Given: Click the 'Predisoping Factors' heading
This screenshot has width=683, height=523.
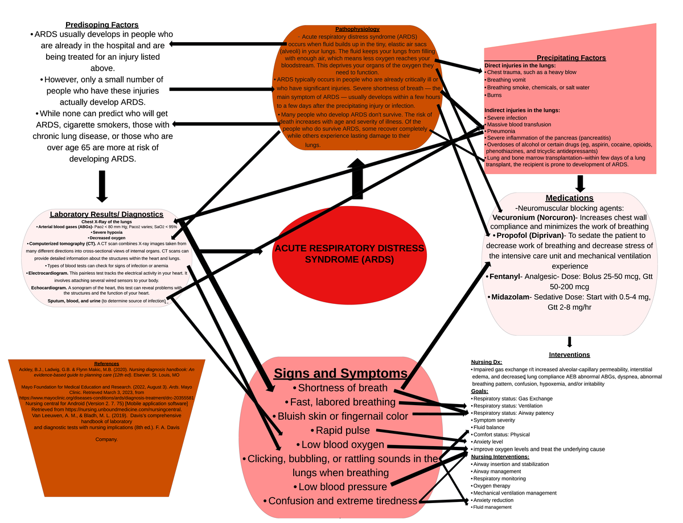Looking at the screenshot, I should pyautogui.click(x=102, y=24).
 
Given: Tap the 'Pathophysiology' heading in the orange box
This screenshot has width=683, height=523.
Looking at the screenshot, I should pyautogui.click(x=357, y=28).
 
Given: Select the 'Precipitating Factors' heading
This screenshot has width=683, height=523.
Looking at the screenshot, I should pyautogui.click(x=571, y=57).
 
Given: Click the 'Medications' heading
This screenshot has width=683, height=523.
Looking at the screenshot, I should pyautogui.click(x=569, y=198).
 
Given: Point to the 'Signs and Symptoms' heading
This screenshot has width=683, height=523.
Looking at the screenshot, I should pyautogui.click(x=340, y=373).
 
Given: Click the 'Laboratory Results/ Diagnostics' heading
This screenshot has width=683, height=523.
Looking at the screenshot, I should pyautogui.click(x=106, y=214).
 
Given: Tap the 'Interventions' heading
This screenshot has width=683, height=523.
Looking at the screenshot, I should pyautogui.click(x=569, y=355).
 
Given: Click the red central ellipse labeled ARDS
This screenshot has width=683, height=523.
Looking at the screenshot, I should pyautogui.click(x=349, y=253).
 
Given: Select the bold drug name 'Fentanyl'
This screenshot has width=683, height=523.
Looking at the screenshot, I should pyautogui.click(x=504, y=277).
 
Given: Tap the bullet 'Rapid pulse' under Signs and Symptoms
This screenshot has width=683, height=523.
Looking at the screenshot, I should pyautogui.click(x=342, y=430).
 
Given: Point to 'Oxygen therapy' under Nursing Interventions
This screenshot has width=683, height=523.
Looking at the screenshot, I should pyautogui.click(x=492, y=485).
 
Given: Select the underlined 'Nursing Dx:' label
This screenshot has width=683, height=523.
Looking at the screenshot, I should pyautogui.click(x=486, y=362).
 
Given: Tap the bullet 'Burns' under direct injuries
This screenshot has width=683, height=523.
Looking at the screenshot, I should pyautogui.click(x=494, y=95).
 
